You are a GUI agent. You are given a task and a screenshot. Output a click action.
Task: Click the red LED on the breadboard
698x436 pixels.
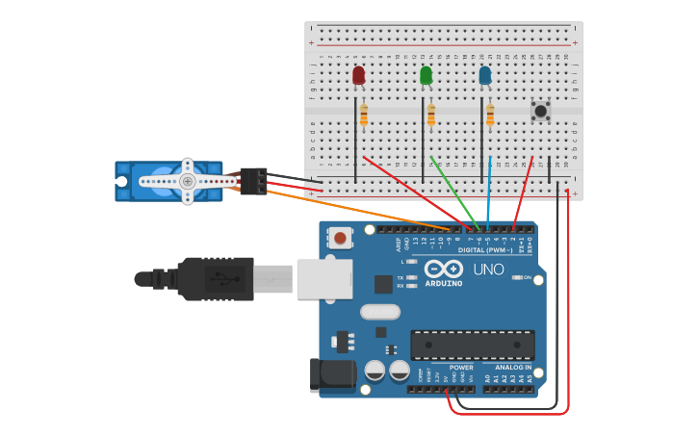pos(358,75)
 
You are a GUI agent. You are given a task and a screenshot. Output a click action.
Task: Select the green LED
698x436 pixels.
pos(426,75)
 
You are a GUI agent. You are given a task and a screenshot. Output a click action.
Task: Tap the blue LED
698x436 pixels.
pos(484,75)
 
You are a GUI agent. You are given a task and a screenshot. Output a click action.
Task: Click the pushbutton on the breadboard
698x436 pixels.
pos(540,112)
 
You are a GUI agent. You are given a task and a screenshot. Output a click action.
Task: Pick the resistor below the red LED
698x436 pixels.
pos(363,115)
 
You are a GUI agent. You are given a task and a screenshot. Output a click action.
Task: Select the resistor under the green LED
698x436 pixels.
pos(430,115)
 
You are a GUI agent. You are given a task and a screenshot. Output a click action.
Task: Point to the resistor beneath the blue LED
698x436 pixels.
pos(490,115)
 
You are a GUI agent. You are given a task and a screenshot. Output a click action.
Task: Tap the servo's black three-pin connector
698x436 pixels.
pos(254,181)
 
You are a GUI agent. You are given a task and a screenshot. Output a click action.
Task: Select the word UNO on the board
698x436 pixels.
pos(489,269)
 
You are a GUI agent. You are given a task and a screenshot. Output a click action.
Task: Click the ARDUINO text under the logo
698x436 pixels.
pos(443,284)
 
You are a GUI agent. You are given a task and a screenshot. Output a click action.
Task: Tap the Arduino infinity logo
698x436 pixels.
pos(443,269)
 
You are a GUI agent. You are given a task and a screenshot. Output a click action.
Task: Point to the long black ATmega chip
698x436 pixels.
pos(472,345)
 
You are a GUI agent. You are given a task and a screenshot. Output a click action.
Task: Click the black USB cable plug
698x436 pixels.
pos(217,279)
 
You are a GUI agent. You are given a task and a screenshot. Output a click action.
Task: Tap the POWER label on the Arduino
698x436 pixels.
pos(461,367)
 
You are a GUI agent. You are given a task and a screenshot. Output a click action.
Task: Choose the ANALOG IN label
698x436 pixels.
pos(512,367)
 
